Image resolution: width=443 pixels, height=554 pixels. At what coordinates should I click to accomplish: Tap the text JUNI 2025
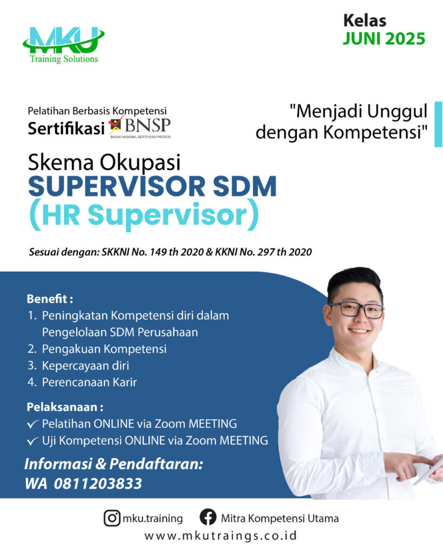tap(384, 38)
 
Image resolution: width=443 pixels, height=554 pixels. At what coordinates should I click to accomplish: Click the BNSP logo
tap(140, 127)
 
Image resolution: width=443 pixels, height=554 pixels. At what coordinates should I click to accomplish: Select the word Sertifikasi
tap(66, 128)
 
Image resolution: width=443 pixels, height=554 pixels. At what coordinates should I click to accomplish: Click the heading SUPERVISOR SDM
tap(152, 186)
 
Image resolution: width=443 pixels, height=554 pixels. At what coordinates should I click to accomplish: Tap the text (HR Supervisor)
tap(144, 214)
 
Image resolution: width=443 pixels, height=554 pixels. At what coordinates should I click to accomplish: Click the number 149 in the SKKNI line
tap(158, 252)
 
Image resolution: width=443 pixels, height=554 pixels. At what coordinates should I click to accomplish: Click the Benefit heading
tap(50, 299)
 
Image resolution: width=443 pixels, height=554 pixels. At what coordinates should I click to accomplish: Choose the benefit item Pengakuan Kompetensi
tap(104, 349)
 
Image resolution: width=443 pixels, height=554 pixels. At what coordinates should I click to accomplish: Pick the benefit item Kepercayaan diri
tap(85, 365)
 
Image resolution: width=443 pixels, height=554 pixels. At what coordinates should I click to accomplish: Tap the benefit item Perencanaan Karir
tap(89, 382)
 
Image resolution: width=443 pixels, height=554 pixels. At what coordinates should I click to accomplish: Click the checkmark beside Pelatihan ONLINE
tap(33, 424)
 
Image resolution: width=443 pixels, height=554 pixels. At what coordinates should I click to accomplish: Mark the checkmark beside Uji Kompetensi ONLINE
tap(33, 441)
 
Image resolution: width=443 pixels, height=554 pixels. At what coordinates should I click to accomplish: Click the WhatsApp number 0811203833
tap(98, 483)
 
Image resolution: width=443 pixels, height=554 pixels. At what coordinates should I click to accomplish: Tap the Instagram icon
tap(112, 518)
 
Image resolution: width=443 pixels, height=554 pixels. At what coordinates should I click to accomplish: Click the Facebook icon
tap(208, 518)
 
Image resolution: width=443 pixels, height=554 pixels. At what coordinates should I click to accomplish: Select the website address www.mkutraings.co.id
tap(221, 536)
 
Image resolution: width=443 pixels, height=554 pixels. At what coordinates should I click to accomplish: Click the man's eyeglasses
tap(357, 309)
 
